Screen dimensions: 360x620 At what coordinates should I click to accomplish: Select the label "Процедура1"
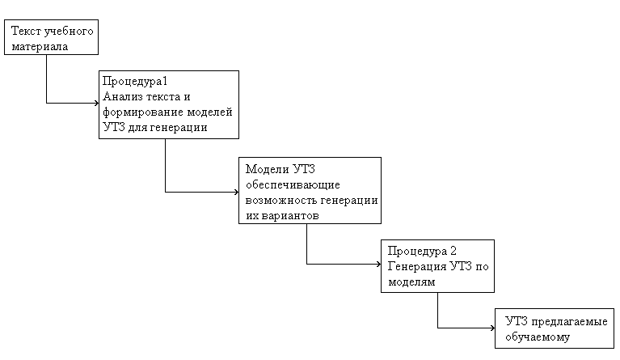[131, 82]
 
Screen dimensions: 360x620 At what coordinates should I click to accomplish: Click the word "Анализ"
[120, 96]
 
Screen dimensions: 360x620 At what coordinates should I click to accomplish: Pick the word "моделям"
[411, 282]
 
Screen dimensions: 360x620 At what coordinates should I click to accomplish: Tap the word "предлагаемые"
[570, 321]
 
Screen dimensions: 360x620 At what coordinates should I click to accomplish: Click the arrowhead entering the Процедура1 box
[95, 103]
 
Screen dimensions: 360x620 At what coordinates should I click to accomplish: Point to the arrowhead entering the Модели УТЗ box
[235, 192]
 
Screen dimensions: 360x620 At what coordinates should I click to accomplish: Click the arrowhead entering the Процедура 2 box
[377, 264]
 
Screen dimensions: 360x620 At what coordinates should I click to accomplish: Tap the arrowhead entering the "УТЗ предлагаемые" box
[491, 328]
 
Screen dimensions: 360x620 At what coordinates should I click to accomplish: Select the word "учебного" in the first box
[67, 33]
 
